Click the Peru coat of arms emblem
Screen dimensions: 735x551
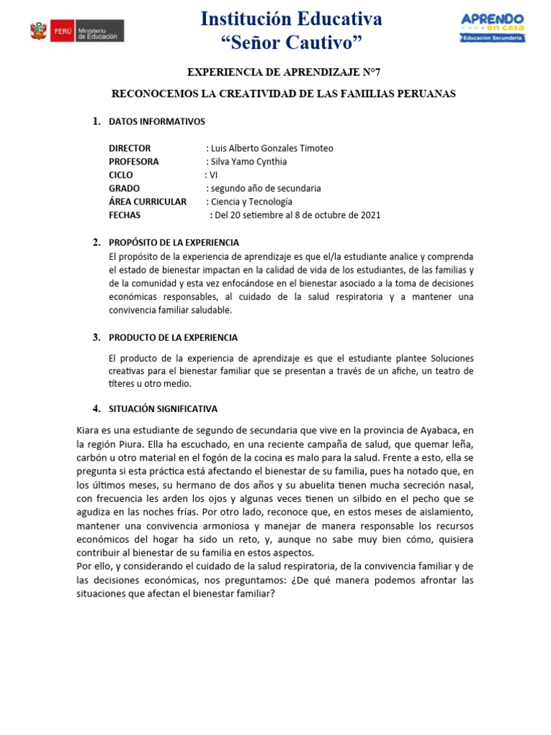point(37,30)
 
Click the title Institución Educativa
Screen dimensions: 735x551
point(291,18)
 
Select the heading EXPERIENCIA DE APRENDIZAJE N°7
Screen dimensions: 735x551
point(284,73)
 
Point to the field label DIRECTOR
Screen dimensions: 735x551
point(130,149)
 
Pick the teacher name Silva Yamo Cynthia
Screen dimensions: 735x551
point(248,161)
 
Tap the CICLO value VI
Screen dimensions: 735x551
point(212,175)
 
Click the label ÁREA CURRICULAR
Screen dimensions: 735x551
point(147,202)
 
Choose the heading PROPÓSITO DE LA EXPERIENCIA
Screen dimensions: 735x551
point(174,243)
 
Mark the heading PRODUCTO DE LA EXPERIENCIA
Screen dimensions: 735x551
point(173,337)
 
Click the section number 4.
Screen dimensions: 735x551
point(95,408)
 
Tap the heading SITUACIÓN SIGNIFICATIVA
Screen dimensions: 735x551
point(163,409)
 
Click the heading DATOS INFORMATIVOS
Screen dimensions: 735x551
point(156,122)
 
